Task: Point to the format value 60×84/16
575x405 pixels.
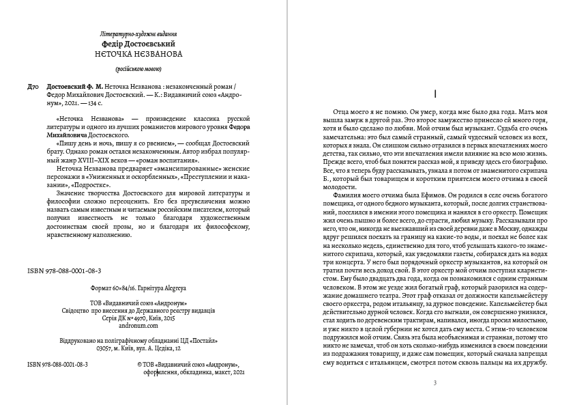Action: [x=108, y=288]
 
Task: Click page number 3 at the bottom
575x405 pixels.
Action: [x=434, y=382]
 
